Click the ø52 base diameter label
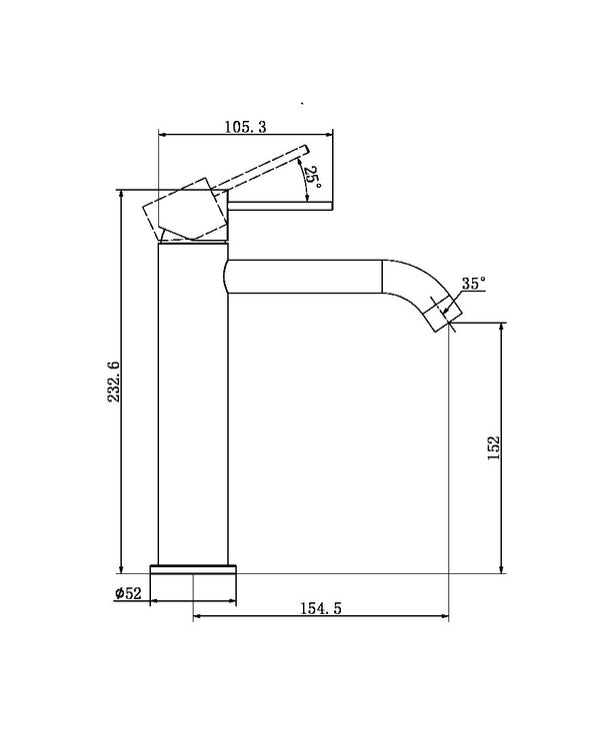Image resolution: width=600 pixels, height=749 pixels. click(x=130, y=593)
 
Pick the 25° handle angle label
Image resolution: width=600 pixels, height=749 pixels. click(x=312, y=181)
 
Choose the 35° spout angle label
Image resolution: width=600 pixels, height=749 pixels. click(x=473, y=284)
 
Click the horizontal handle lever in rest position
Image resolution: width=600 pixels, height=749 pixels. click(x=282, y=208)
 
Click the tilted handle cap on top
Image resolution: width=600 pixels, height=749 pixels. click(x=188, y=212)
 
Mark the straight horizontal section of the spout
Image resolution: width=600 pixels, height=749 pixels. click(x=305, y=276)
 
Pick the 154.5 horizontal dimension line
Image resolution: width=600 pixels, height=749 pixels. click(x=320, y=616)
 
